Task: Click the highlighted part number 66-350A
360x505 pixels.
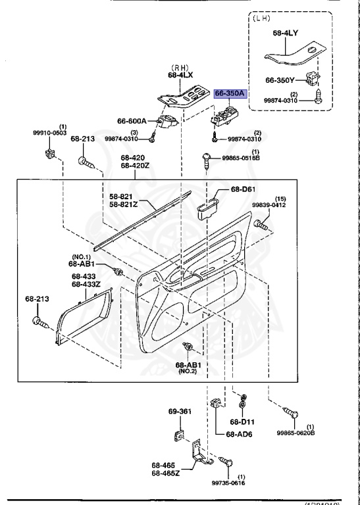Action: (x=230, y=94)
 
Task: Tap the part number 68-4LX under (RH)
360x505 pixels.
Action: (x=179, y=74)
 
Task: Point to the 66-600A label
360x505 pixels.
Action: (x=134, y=121)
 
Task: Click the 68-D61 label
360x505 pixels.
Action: (x=243, y=190)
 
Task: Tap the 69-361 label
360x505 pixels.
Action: (x=179, y=412)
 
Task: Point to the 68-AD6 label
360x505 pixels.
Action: (x=238, y=435)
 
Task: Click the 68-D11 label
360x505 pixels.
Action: (x=242, y=421)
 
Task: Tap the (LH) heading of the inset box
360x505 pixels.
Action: (x=262, y=18)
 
